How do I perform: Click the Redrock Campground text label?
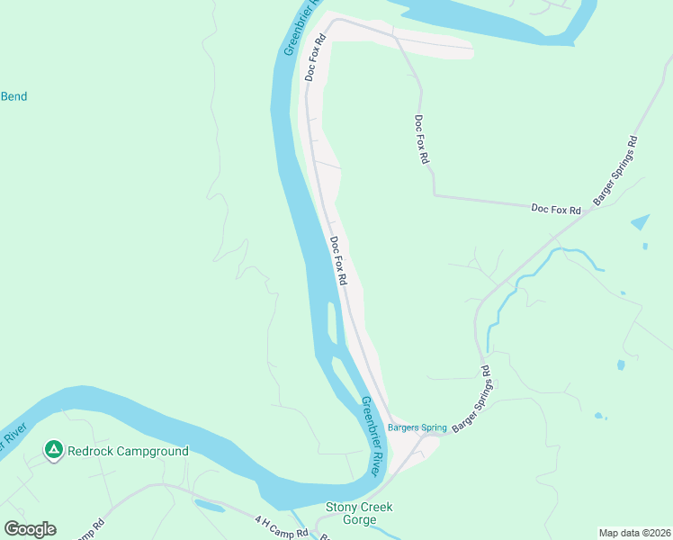tap(128, 451)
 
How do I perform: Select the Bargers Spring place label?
tap(417, 427)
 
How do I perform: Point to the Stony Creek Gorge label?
tap(358, 514)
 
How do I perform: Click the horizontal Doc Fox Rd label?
tap(556, 209)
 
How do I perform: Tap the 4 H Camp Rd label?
tap(281, 526)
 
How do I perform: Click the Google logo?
tap(30, 529)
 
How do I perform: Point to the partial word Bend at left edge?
tap(13, 96)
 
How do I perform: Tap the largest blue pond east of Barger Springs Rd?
tap(640, 221)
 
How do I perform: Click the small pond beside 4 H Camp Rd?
tap(209, 507)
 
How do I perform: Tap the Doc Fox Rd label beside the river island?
tap(338, 261)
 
